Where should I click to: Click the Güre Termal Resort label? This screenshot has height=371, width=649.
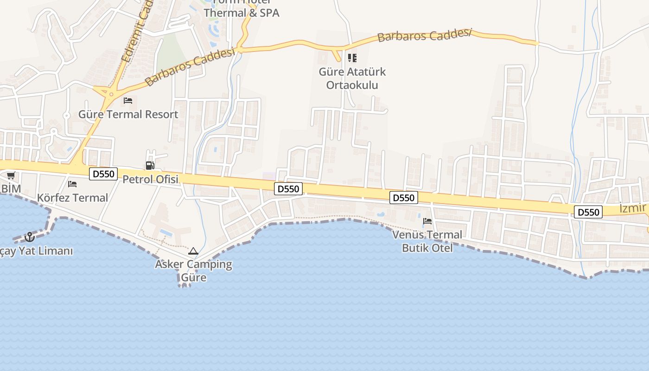[x=128, y=114]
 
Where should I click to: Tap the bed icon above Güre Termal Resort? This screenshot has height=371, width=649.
[x=128, y=100]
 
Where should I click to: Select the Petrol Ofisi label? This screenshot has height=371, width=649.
[x=150, y=179]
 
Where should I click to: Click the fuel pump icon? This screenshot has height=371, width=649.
[x=150, y=165]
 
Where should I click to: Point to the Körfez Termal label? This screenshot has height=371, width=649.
[x=72, y=198]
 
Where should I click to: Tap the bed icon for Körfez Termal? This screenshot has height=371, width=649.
[x=72, y=184]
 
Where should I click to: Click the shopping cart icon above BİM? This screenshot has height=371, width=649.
[x=11, y=175]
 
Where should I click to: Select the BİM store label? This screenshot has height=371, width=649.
[x=11, y=189]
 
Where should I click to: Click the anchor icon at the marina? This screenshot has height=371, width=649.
[x=30, y=237]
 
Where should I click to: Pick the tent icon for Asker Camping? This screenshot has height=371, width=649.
[x=193, y=251]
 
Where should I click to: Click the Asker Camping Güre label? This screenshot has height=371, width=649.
[x=193, y=271]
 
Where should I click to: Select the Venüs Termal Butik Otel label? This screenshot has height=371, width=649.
[x=427, y=241]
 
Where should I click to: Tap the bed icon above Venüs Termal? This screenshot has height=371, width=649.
[x=427, y=221]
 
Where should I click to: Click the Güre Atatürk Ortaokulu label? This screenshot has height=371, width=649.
[x=352, y=78]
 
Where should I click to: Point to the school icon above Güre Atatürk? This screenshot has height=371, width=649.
[x=352, y=58]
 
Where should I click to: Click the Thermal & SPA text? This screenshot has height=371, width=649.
[x=242, y=13]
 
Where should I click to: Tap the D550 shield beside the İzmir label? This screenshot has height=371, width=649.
[x=588, y=212]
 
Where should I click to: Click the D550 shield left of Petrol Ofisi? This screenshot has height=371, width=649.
[x=103, y=174]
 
